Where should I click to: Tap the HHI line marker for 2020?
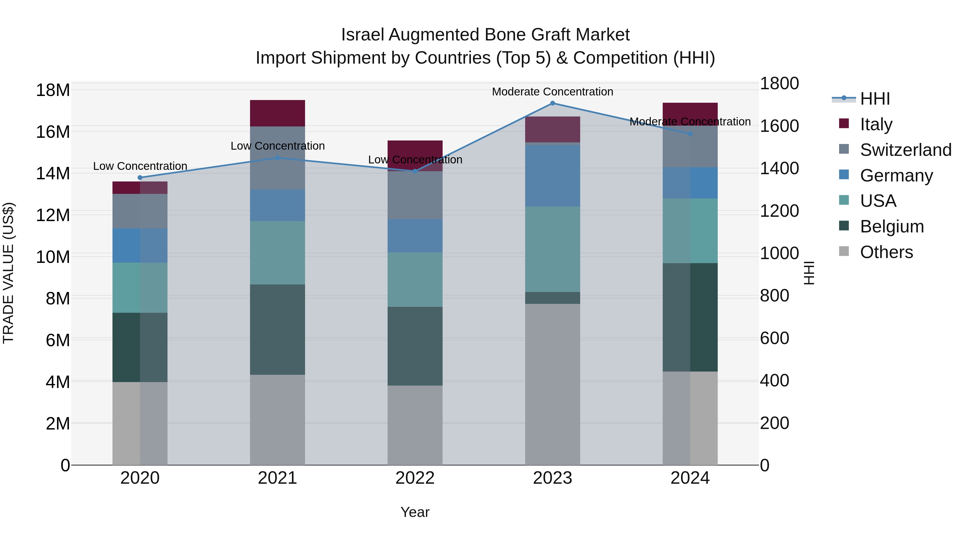140,177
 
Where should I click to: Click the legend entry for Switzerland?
905,150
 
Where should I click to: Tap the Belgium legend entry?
892,226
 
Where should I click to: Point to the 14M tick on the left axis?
53,174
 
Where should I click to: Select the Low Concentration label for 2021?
278,146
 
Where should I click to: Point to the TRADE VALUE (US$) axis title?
8,273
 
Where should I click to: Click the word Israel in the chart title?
362,35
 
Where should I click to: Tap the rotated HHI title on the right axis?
809,273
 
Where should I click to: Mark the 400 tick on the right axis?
774,380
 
